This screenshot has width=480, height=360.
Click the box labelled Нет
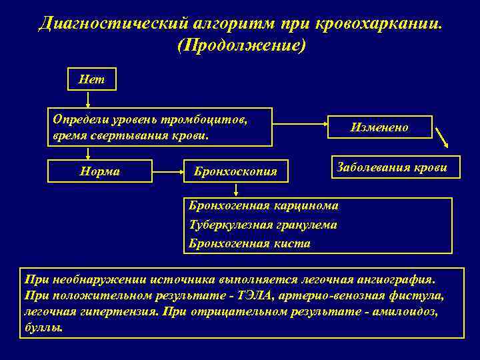point(93,79)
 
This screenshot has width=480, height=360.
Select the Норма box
point(100,171)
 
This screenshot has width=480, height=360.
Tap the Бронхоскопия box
point(235,172)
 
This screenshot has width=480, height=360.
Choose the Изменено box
point(379,127)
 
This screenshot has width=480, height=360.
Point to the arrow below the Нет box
point(88,99)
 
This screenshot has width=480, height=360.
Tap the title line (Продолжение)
point(239,46)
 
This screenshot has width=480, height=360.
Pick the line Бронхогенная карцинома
point(263,205)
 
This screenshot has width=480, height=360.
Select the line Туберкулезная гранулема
point(263,225)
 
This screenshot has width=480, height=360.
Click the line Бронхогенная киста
point(249,243)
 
